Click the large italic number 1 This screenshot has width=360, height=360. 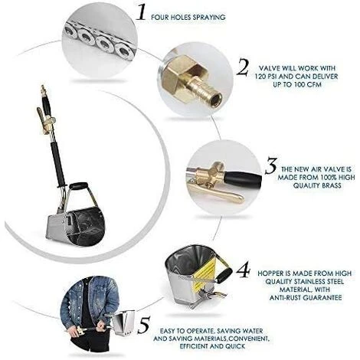(x=141, y=11)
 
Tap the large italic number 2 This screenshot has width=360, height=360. (x=243, y=67)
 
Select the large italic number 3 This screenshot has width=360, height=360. (x=271, y=166)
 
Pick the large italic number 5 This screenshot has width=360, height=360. (x=144, y=325)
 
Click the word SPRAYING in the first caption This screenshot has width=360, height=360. (x=209, y=18)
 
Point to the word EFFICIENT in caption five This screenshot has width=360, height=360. (x=194, y=346)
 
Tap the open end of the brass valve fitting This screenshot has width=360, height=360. (x=217, y=97)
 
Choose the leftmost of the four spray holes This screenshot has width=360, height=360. (x=70, y=31)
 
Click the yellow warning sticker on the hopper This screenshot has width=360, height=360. (x=205, y=270)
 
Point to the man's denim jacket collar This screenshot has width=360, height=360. (x=90, y=280)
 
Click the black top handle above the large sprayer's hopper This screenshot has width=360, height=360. (x=78, y=185)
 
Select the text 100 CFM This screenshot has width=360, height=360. (x=307, y=84)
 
